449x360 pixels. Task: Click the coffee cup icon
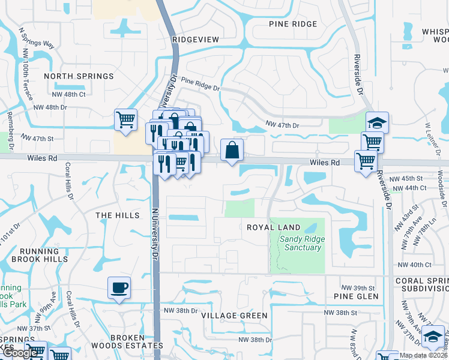pos(119,287)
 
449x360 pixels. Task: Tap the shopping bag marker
pos(232,150)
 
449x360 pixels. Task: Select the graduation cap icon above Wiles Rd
pos(377,122)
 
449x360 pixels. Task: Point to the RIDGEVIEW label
pos(196,39)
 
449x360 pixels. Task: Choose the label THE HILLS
pos(118,215)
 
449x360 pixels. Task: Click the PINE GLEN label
pos(357,296)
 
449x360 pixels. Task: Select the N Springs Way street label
pos(37,37)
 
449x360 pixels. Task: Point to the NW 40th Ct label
pos(414,265)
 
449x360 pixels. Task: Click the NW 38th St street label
pos(340,313)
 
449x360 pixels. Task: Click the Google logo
pos(20,353)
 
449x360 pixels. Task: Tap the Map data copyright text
pos(424,355)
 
